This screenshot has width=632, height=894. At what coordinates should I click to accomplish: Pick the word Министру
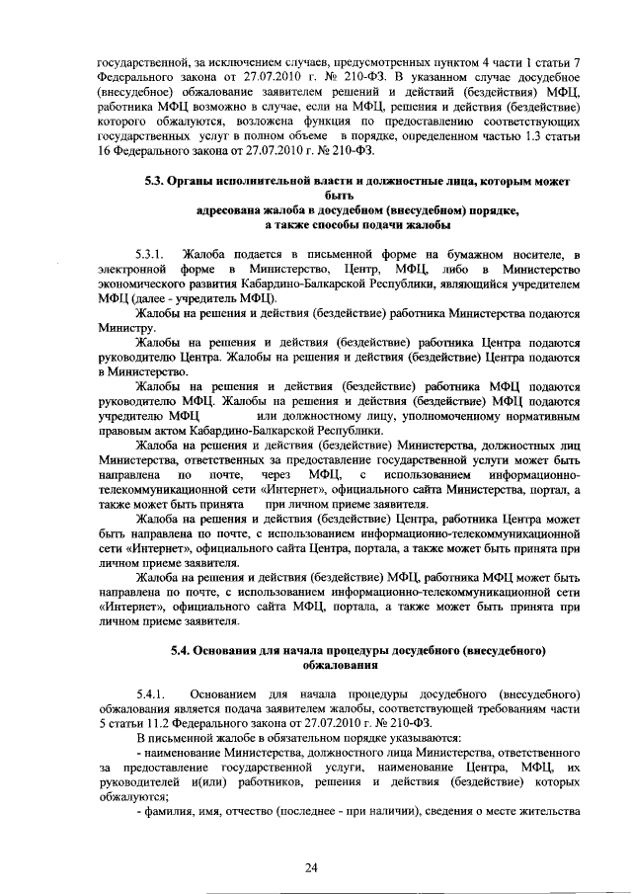coord(126,326)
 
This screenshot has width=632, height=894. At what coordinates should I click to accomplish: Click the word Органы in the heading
coord(206,182)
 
